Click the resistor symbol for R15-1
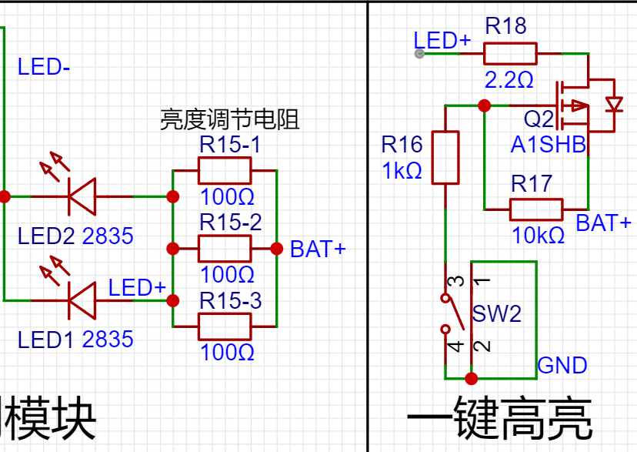(225, 170)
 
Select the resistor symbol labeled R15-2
(225, 249)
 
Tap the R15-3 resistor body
(225, 326)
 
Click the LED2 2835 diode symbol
(80, 196)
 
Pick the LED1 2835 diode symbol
(80, 300)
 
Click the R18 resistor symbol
(509, 53)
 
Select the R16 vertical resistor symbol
(445, 158)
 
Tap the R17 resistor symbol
(535, 209)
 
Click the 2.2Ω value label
(509, 79)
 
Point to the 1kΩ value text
(402, 171)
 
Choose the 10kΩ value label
(539, 236)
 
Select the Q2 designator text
(538, 120)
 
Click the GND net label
(562, 365)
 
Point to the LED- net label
(44, 67)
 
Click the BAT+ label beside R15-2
(318, 249)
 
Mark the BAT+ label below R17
(604, 223)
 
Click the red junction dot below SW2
(472, 379)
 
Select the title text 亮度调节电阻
(229, 120)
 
